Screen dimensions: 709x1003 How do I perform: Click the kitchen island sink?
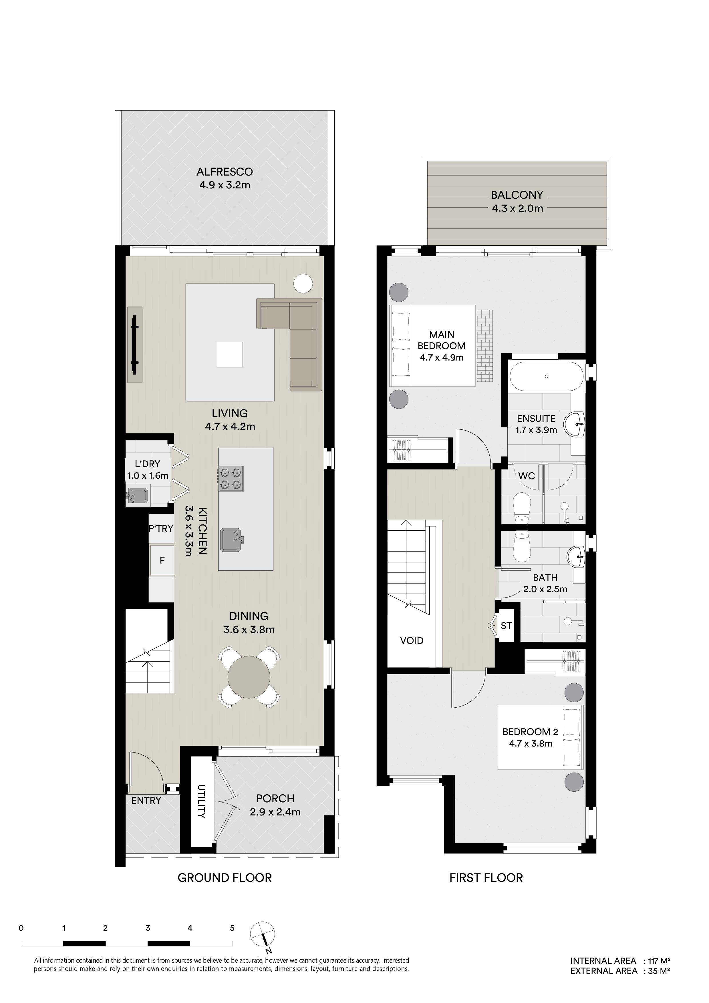pyautogui.click(x=232, y=540)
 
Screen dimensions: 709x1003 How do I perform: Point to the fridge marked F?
pyautogui.click(x=162, y=560)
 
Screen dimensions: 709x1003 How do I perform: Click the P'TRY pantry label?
pyautogui.click(x=161, y=529)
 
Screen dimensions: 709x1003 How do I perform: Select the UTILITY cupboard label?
pyautogui.click(x=201, y=802)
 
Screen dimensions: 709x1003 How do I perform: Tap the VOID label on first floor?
pyautogui.click(x=412, y=640)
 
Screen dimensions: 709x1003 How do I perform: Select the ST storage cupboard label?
pyautogui.click(x=506, y=626)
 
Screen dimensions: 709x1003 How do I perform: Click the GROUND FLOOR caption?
pyautogui.click(x=225, y=878)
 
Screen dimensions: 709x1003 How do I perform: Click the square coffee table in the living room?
pyautogui.click(x=230, y=354)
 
